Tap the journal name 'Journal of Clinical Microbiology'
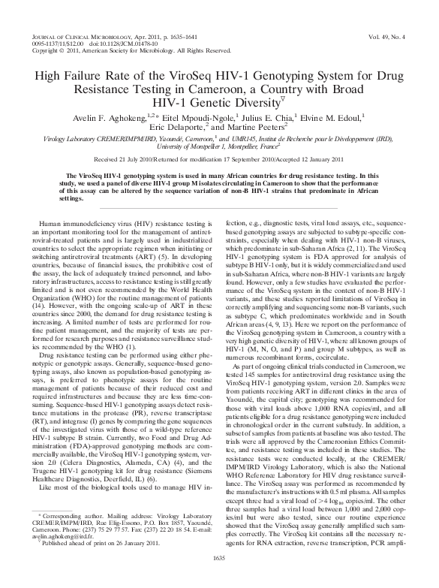pyautogui.click(x=80, y=35)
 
